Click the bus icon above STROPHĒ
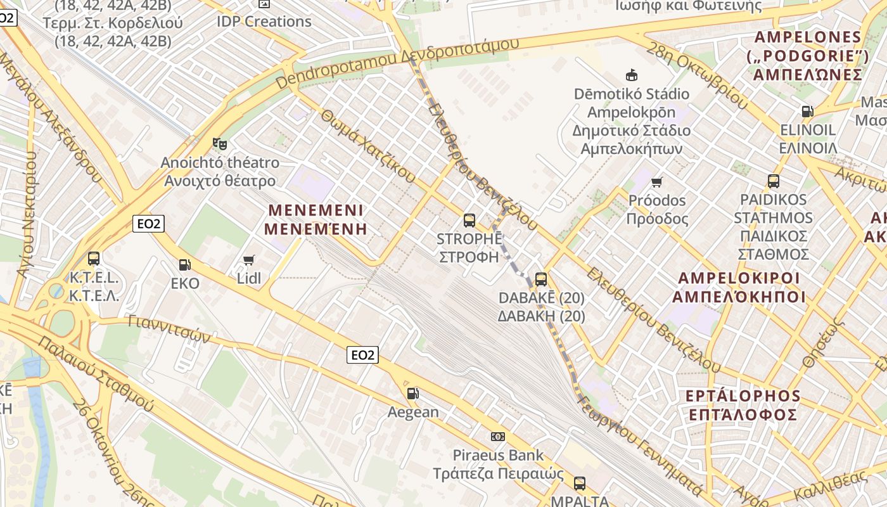coord(469,221)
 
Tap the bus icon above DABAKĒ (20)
coord(541,279)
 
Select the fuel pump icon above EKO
coord(184,265)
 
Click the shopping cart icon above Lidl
coord(249,260)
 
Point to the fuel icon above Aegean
coord(412,394)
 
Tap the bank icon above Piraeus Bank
coord(498,437)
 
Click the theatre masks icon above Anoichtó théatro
coord(219,144)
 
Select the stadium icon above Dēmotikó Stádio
coord(631,75)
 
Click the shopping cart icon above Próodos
coord(657,182)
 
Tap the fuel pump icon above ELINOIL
coord(807,112)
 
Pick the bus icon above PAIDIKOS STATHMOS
coord(774,181)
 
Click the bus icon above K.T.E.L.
coord(94,259)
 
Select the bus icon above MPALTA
coord(579,484)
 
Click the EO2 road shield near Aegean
coord(363,355)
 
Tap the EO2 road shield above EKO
coord(149,223)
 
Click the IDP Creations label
coord(264,22)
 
